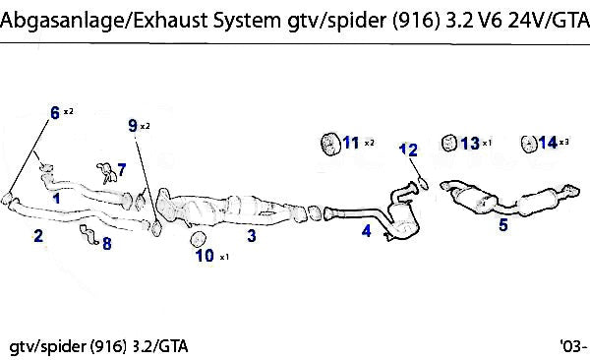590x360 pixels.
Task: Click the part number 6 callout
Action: tap(55, 112)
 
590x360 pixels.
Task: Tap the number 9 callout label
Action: tap(133, 125)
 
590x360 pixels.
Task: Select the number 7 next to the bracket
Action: tap(121, 170)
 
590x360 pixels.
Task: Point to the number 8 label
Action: tap(107, 243)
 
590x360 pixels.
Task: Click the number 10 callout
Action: tap(205, 256)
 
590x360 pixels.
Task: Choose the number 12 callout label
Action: tap(408, 150)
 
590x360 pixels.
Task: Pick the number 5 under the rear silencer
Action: tap(503, 225)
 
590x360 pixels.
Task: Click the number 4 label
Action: tap(366, 230)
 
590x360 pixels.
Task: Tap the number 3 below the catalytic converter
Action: tap(252, 236)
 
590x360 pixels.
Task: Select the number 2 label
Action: tap(38, 236)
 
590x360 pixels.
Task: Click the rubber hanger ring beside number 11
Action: tap(330, 144)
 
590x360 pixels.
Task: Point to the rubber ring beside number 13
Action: tap(448, 143)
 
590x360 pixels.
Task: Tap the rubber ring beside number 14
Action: tap(529, 144)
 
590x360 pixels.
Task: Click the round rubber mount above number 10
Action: tap(199, 239)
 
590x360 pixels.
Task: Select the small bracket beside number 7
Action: tap(107, 173)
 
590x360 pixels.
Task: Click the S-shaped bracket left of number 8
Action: tap(89, 234)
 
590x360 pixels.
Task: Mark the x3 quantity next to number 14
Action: tap(564, 142)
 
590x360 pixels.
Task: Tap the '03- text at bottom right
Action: tap(573, 344)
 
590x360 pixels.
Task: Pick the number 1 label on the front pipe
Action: tap(56, 198)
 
